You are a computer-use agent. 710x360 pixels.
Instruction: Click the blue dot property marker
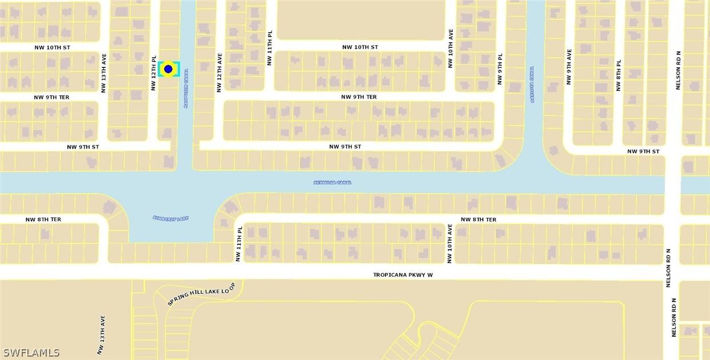[168, 69]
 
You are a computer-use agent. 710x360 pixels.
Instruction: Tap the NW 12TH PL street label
[153, 73]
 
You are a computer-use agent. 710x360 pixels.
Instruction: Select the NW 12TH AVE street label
[219, 73]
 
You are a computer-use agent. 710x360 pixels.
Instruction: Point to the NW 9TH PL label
[500, 69]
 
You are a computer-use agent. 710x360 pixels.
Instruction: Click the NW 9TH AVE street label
[569, 67]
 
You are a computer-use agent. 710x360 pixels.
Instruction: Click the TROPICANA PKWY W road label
[403, 275]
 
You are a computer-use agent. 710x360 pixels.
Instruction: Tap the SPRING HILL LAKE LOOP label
[201, 293]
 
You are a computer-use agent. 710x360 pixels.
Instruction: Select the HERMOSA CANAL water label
[332, 183]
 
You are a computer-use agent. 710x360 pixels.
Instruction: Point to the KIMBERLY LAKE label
[171, 219]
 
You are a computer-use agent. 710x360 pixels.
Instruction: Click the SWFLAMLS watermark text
[31, 353]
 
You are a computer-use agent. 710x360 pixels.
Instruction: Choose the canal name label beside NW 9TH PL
[532, 84]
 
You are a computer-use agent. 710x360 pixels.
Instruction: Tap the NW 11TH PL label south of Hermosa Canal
[240, 244]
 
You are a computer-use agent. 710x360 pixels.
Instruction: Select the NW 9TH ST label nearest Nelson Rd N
[643, 152]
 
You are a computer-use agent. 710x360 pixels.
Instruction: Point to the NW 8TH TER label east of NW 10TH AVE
[478, 220]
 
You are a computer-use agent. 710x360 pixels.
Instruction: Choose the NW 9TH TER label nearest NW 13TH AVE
[51, 98]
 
